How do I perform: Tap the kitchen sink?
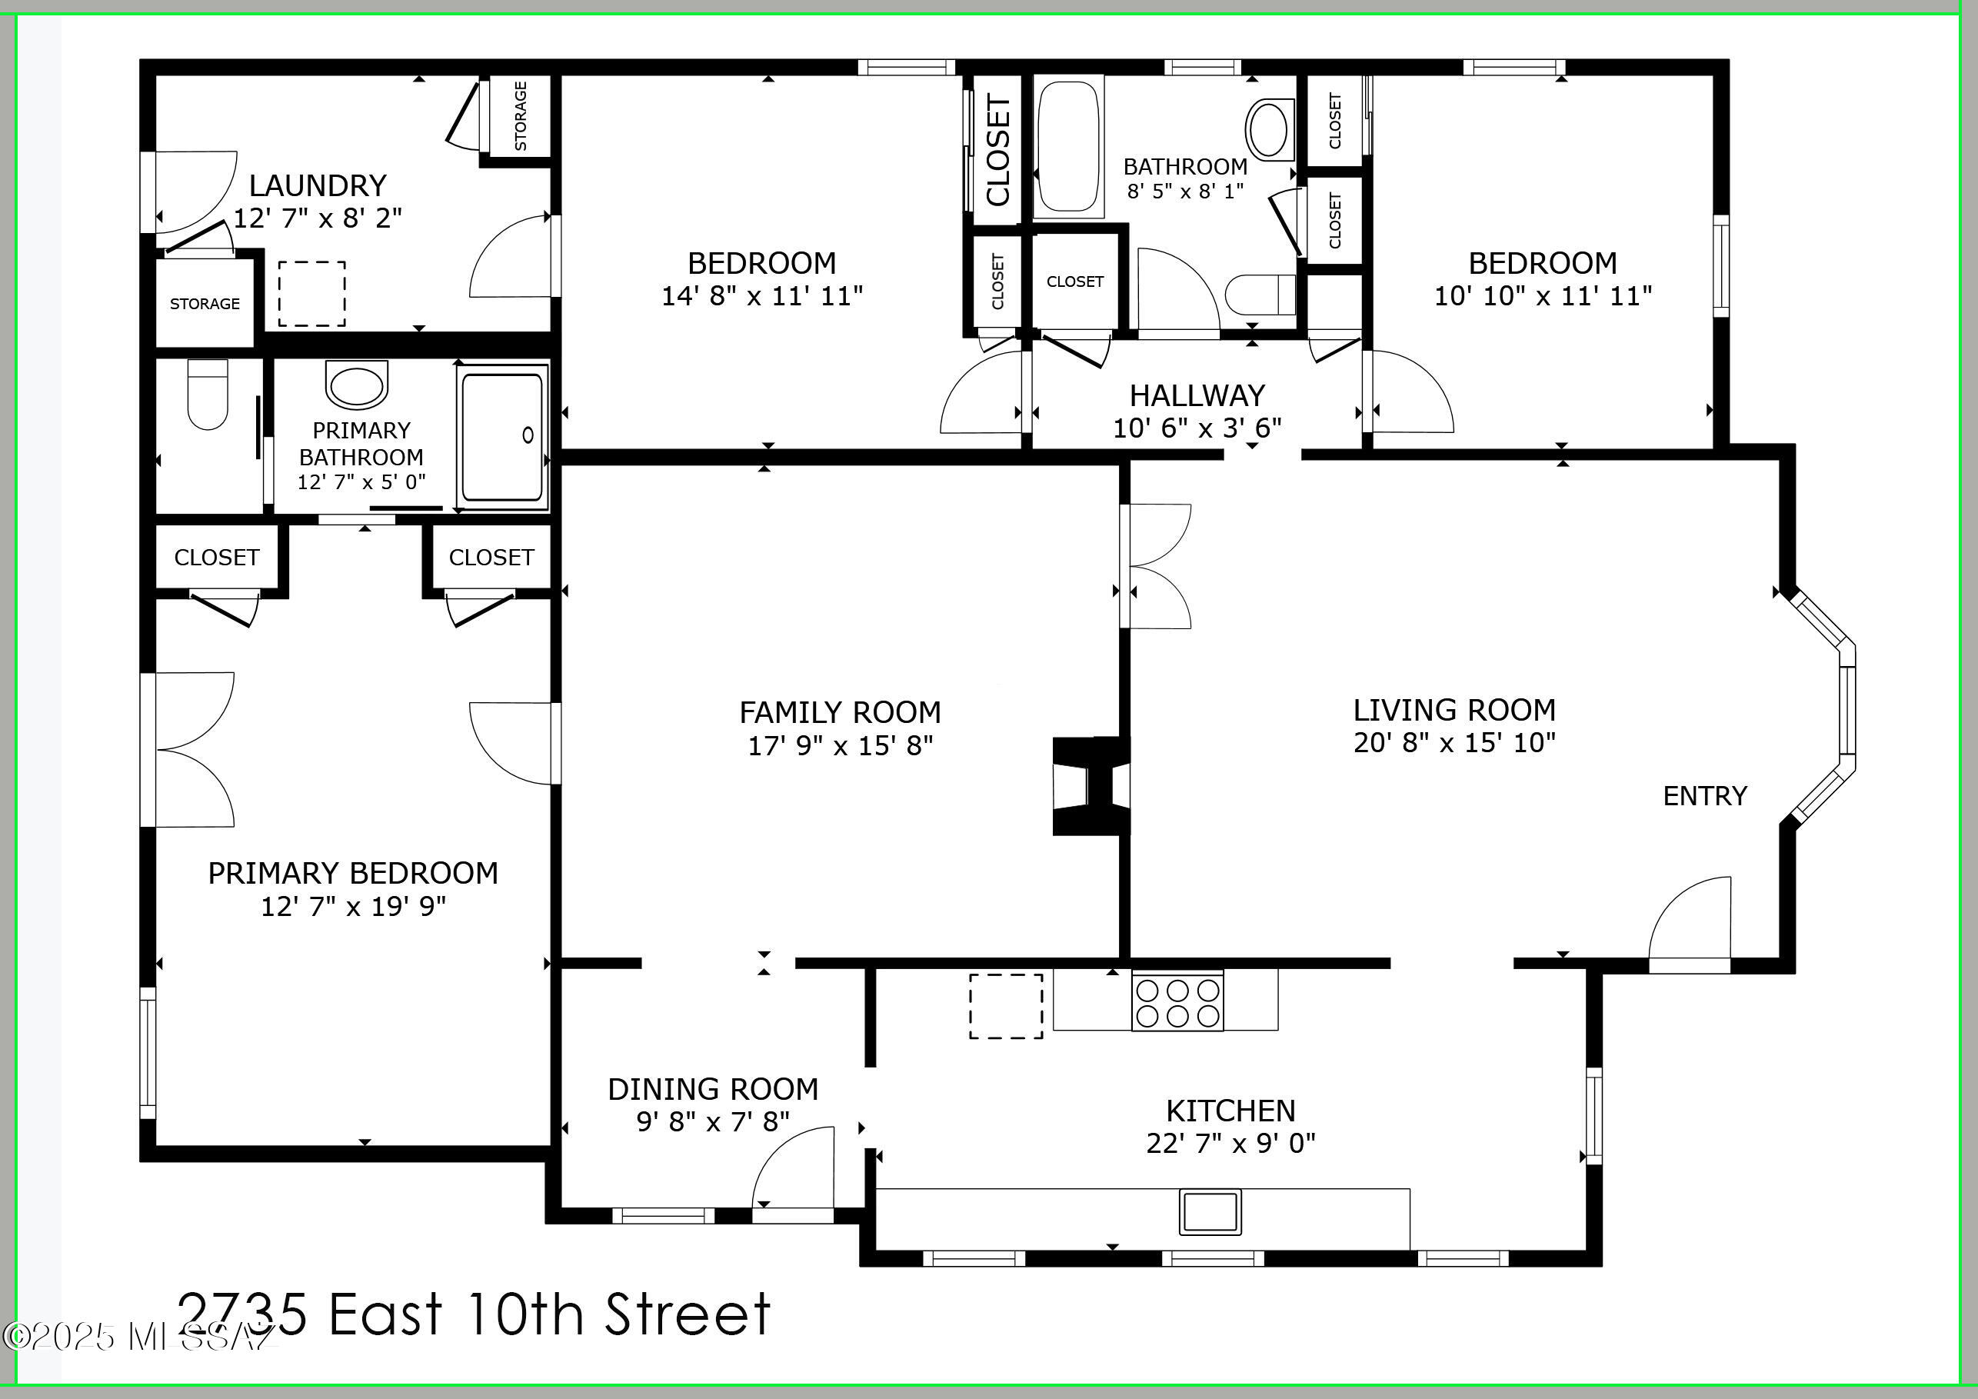[x=1210, y=1211]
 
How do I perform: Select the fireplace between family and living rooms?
[x=1091, y=786]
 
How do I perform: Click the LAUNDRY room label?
[x=318, y=185]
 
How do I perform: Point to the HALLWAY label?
[x=1197, y=395]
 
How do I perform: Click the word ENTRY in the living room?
[x=1705, y=796]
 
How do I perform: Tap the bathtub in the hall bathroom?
[x=1069, y=146]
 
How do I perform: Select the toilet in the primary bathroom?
[x=208, y=394]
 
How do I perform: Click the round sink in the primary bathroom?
[x=357, y=385]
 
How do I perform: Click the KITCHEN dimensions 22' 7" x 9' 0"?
[x=1230, y=1142]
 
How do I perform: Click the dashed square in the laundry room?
[x=312, y=294]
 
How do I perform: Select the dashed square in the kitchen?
[x=1006, y=1006]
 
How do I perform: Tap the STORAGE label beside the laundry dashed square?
[x=205, y=303]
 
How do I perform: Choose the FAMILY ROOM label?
[x=840, y=712]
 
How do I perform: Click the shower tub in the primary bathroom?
[x=504, y=437]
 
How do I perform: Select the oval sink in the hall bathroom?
[x=1270, y=129]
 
